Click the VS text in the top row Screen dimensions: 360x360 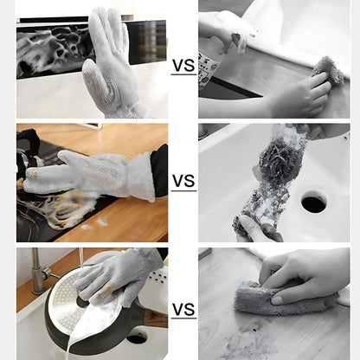[x=183, y=66]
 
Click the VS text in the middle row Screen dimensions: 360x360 [x=183, y=181]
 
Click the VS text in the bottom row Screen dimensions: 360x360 [x=183, y=309]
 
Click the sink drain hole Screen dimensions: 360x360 [x=313, y=203]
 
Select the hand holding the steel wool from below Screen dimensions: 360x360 [x=256, y=228]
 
